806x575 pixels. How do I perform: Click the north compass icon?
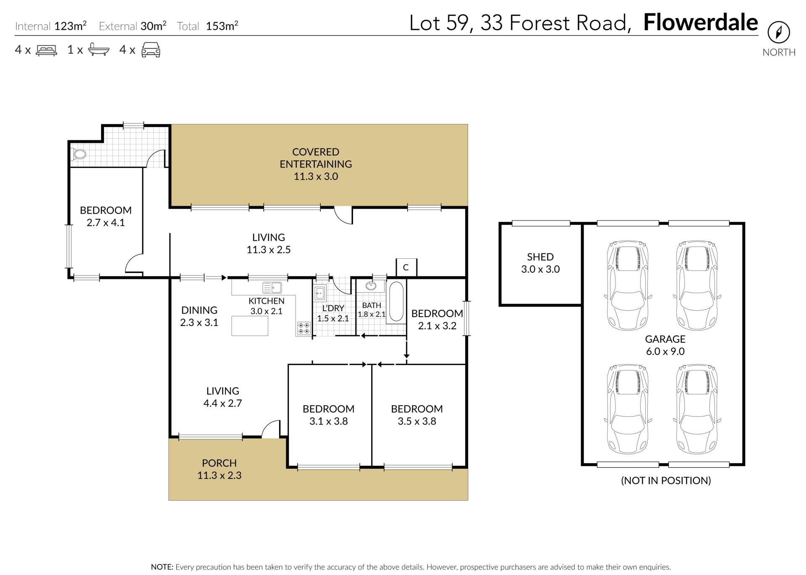(779, 32)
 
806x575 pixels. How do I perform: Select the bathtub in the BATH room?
(397, 302)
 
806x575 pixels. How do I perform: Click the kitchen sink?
(272, 288)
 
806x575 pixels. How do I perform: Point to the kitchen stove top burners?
(304, 328)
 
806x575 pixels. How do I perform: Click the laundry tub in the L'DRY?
(320, 293)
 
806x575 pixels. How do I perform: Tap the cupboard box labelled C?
(406, 268)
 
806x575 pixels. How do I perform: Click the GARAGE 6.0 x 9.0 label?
(665, 345)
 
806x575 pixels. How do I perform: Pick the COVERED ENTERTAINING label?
(316, 164)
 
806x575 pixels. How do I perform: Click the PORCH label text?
(219, 463)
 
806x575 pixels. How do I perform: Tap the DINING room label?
(199, 310)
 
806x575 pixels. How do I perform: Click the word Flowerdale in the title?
(701, 23)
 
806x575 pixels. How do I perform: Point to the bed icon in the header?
(47, 50)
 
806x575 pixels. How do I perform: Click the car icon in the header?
(151, 50)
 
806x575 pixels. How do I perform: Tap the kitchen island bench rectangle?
(250, 326)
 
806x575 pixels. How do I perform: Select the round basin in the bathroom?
(371, 286)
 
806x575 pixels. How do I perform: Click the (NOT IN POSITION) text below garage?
(666, 480)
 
